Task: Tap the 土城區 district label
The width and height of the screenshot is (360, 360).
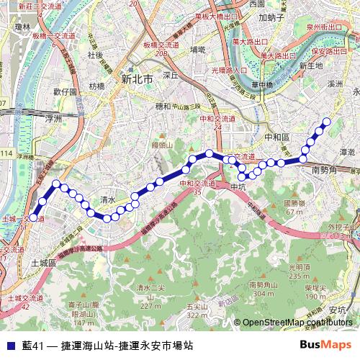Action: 44,264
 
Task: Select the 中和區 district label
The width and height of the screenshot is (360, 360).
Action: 276,136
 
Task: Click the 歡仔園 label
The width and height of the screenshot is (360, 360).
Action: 65,92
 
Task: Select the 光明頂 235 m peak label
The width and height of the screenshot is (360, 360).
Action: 299,271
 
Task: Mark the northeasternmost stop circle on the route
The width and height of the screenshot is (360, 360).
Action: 327,121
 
